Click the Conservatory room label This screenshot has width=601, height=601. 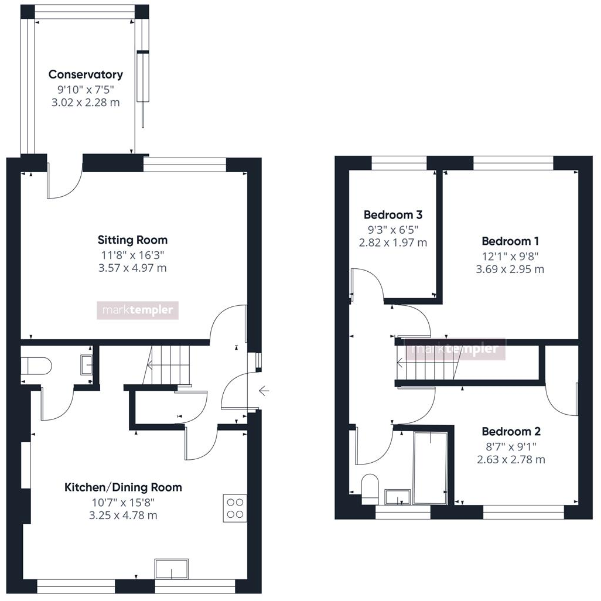[86, 74]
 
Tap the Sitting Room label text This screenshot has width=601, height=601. [132, 240]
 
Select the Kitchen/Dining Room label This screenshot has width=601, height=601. [123, 487]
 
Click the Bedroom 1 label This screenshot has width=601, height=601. [510, 241]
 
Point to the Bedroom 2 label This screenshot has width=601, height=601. [511, 432]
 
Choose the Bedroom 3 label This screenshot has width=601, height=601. [392, 215]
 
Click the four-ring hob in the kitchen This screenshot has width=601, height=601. [235, 508]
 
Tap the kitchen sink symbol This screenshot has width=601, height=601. [172, 568]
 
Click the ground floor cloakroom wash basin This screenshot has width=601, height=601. [86, 365]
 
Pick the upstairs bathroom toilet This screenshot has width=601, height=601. [369, 488]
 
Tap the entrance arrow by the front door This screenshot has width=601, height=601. [264, 390]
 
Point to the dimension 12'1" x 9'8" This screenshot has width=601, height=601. [510, 256]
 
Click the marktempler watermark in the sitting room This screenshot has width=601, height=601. [137, 310]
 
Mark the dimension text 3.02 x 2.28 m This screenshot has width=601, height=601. [86, 103]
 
